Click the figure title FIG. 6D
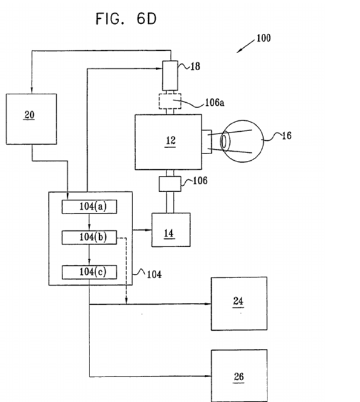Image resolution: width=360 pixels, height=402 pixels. pos(126,19)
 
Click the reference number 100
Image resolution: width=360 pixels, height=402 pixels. pos(264,38)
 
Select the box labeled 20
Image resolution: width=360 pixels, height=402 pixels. pos(31,119)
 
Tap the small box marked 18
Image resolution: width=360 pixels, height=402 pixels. pos(170,76)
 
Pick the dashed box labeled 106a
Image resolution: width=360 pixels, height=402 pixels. pos(170,102)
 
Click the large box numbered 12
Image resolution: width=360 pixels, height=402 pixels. pos(168,142)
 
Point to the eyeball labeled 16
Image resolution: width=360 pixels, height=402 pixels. pos(242,141)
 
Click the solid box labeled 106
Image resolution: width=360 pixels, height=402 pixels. pos(170,184)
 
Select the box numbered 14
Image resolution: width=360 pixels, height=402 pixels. pos(171,230)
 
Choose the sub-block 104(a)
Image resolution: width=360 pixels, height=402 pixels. pos(90,207)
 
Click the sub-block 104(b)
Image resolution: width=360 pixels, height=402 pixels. pos(90,238)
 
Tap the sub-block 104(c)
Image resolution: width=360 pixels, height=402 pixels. pos(90,272)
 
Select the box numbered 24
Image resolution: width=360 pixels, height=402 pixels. pos(239,303)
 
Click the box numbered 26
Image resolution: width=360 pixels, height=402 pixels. pos(239,375)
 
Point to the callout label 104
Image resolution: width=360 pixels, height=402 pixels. pos(154,274)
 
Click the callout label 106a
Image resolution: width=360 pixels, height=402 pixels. pos(215,103)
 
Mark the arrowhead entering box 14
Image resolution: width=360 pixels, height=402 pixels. pos(149,230)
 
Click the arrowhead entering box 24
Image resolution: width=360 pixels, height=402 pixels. pos(208,304)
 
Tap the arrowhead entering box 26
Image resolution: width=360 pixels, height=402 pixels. pos(208,376)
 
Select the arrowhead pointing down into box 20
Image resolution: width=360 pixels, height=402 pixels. pos(31,89)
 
